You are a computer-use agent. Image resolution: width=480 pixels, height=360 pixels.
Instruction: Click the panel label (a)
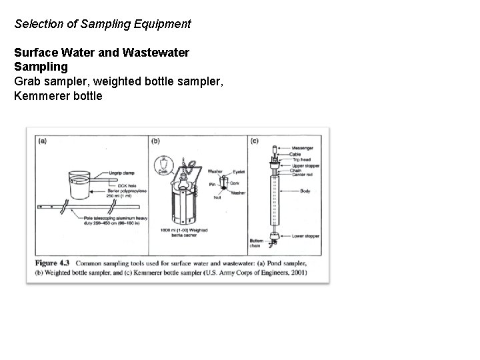pos(42,141)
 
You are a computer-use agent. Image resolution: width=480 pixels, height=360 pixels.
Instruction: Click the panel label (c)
pos(254,141)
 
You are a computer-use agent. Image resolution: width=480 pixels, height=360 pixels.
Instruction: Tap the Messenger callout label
pos(301,148)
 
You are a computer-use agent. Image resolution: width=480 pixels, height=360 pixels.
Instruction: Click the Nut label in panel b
pos(217,197)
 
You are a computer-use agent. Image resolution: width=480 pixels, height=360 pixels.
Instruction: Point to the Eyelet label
pos(238,171)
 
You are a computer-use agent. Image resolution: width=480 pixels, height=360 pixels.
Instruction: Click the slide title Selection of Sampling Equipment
pos(103,24)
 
